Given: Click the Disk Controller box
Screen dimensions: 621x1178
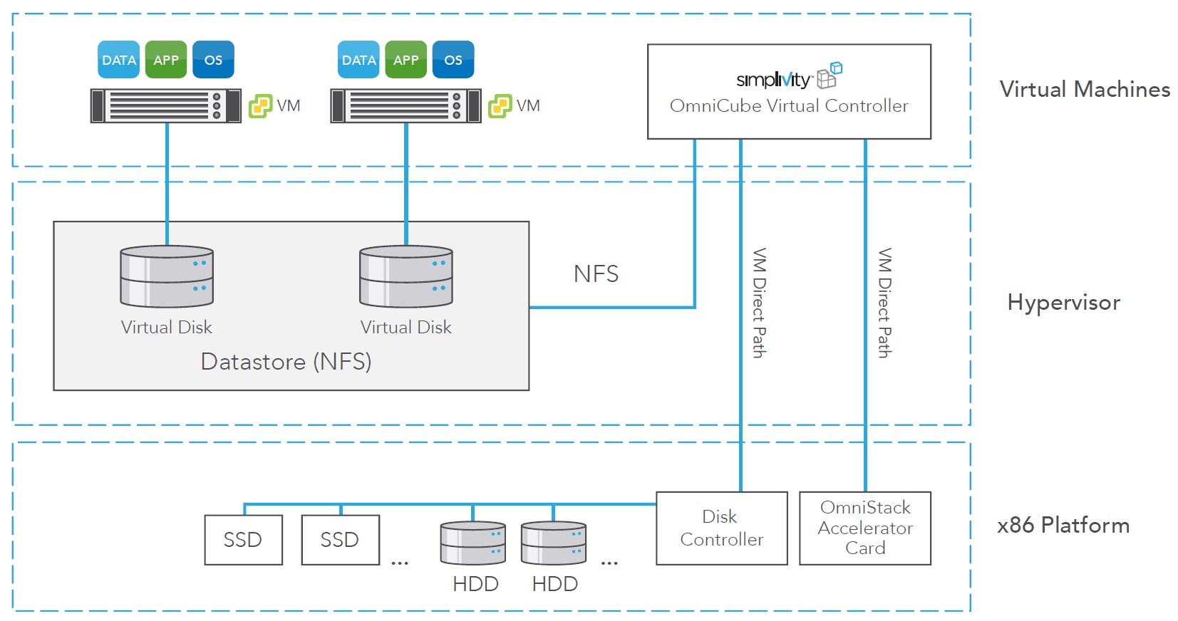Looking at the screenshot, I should [x=721, y=528].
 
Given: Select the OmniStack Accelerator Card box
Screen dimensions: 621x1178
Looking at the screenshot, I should [x=864, y=528].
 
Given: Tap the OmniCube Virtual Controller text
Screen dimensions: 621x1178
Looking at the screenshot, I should [x=789, y=106].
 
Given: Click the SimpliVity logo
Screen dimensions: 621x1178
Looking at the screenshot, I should [x=788, y=77].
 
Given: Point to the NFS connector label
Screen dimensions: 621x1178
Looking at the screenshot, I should [x=596, y=274].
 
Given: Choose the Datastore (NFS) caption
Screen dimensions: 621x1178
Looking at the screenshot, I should [x=286, y=362].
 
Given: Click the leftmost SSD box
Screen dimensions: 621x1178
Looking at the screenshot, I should [x=243, y=540].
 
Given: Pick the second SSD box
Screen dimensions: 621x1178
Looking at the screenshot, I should [x=340, y=540].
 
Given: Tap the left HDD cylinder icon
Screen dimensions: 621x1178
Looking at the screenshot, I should [x=473, y=543].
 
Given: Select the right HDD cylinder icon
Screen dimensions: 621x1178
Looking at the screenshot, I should [x=554, y=543].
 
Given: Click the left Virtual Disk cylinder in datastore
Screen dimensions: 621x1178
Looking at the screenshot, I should [x=167, y=277].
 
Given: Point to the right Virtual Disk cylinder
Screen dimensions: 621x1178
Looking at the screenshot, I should [x=406, y=277].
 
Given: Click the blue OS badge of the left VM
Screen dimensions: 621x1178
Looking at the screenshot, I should [x=213, y=60].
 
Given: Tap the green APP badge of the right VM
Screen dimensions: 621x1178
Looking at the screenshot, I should [x=406, y=60].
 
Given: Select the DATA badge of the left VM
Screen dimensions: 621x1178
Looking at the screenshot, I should [x=118, y=60].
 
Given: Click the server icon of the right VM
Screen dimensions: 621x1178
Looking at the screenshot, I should [x=405, y=106].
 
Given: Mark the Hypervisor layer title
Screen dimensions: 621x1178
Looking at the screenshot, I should [x=1063, y=303].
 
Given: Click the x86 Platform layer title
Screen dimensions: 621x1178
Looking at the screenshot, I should [x=1063, y=526].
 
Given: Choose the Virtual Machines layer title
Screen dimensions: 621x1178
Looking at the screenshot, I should [x=1085, y=90].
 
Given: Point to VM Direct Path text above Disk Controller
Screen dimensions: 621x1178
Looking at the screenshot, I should [x=760, y=303].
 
